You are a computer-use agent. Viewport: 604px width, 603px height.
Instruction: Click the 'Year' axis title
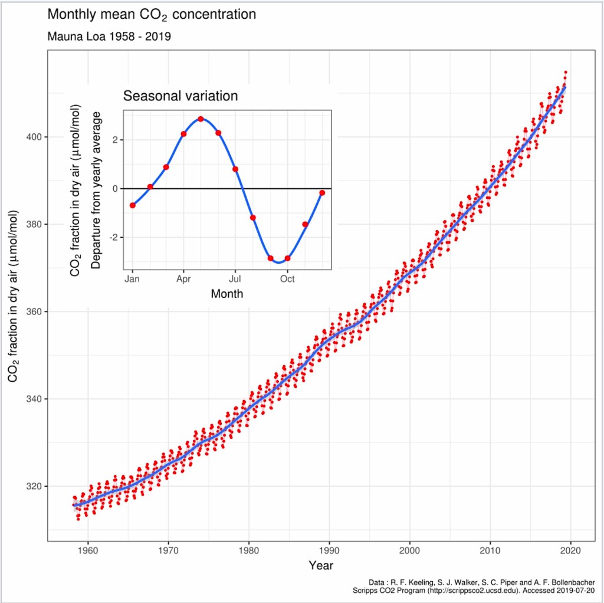point(321,566)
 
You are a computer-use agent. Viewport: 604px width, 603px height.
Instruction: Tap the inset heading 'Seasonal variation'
point(180,96)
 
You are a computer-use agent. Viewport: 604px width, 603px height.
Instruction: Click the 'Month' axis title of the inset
point(227,293)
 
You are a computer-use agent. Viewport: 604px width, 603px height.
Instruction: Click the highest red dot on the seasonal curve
point(201,119)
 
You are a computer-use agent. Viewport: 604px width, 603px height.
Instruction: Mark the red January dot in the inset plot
point(133,205)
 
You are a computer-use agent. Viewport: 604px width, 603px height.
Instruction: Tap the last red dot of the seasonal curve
point(322,193)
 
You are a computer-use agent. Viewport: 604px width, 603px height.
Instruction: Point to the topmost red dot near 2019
point(566,72)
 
